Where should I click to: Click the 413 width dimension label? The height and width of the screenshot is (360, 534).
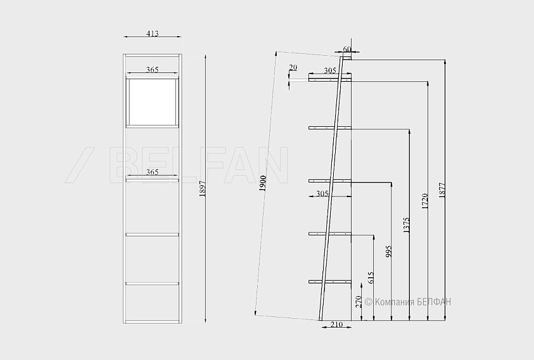152,33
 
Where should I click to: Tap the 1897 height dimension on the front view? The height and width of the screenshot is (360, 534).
203,189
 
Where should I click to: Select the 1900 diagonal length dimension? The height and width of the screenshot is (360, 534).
263,183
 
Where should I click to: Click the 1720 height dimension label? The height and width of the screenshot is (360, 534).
424,201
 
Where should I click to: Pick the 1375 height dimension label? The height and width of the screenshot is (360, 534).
406,224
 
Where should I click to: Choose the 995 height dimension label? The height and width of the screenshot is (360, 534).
388,251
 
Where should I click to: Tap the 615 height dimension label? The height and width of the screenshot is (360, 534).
371,278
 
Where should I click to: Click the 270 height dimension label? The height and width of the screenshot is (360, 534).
359,302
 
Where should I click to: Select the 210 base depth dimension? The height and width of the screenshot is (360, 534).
336,325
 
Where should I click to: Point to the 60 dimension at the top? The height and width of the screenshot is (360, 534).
347,49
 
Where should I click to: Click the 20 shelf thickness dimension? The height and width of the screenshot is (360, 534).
293,67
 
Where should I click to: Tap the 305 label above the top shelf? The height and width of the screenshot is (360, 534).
329,70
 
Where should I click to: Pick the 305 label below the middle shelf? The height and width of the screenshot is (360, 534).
322,194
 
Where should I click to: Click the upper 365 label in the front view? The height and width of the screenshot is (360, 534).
152,70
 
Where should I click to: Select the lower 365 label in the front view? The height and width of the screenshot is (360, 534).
152,172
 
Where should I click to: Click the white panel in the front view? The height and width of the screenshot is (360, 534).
152,102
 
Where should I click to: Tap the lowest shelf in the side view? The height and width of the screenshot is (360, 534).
329,281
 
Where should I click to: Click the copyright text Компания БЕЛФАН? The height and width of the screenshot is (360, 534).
408,302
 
